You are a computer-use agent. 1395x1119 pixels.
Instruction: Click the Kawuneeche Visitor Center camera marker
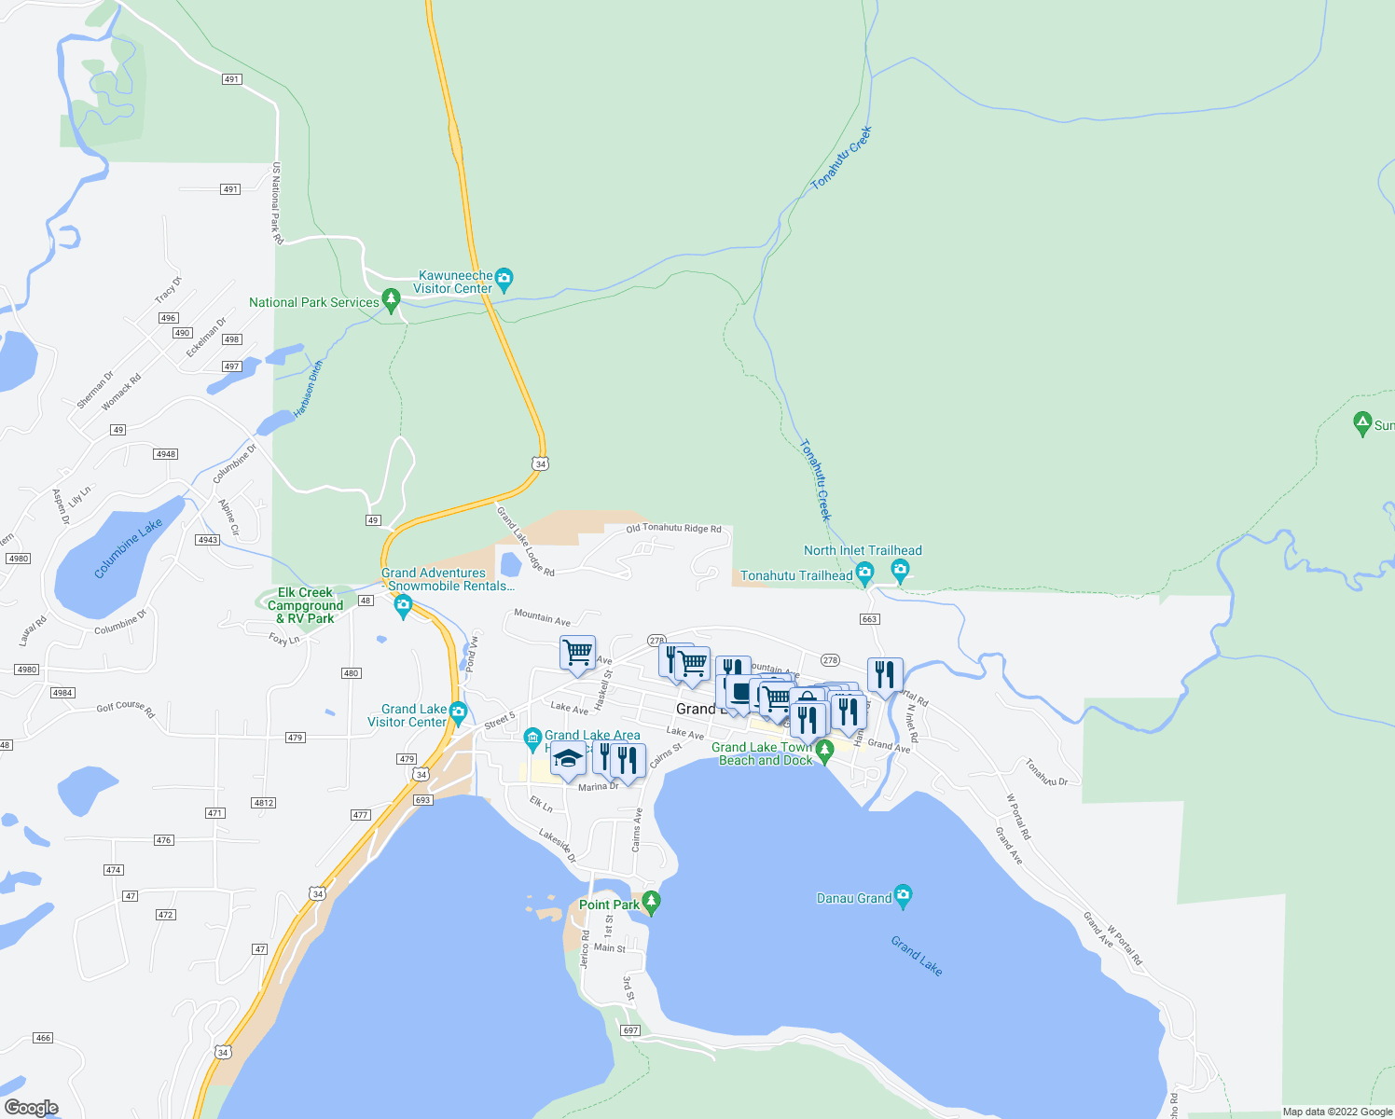504,278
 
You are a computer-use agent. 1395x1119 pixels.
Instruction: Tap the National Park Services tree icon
392,300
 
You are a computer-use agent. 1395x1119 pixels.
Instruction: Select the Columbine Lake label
128,548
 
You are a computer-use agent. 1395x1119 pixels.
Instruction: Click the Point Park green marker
651,902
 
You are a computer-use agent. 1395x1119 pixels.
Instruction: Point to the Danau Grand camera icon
902,895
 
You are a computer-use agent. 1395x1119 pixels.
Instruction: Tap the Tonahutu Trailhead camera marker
864,573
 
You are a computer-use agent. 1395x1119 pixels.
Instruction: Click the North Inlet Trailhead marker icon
900,568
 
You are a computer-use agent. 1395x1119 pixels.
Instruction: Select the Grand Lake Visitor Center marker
458,712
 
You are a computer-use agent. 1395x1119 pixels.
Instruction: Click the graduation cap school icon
568,759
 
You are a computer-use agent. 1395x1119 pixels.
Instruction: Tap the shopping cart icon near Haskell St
578,652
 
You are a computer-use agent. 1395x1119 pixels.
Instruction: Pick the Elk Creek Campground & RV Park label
306,605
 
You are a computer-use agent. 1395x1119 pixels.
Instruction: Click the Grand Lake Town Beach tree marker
823,749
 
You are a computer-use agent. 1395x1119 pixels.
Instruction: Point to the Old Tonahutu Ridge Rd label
673,529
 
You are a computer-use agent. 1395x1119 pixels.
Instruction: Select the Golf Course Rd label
126,708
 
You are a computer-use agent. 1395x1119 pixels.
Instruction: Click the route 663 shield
870,619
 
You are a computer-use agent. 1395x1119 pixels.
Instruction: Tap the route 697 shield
631,1030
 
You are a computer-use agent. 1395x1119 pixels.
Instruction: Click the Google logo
32,1108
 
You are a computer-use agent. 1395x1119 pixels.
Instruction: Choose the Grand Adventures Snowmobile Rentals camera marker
404,606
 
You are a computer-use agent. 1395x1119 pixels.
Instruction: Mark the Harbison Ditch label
308,389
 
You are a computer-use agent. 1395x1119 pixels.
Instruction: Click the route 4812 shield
264,803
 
